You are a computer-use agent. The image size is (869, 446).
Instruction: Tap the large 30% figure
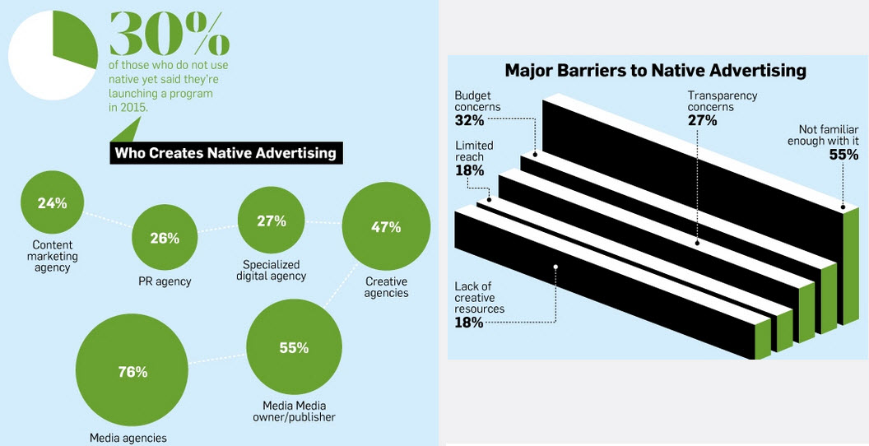pyautogui.click(x=170, y=35)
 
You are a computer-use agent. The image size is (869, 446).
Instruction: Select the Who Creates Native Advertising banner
pyautogui.click(x=225, y=152)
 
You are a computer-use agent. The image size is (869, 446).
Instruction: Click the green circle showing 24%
pyautogui.click(x=52, y=202)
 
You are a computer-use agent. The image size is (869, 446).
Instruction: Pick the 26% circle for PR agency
pyautogui.click(x=165, y=239)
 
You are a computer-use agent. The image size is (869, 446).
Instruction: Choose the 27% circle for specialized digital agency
pyautogui.click(x=272, y=221)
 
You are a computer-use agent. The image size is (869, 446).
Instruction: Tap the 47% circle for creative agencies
pyautogui.click(x=386, y=227)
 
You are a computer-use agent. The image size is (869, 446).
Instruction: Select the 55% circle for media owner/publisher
pyautogui.click(x=294, y=348)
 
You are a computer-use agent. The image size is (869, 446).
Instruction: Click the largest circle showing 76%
pyautogui.click(x=133, y=372)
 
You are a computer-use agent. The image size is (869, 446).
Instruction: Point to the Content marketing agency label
pyautogui.click(x=53, y=257)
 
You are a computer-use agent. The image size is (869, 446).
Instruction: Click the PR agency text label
pyautogui.click(x=165, y=281)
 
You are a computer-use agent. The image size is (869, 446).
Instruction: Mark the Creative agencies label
pyautogui.click(x=386, y=287)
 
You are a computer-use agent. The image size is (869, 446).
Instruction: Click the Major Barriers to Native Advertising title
pyautogui.click(x=656, y=71)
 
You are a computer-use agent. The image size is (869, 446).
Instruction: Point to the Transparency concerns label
pyautogui.click(x=723, y=101)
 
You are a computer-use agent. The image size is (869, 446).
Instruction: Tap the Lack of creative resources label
pyautogui.click(x=480, y=298)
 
